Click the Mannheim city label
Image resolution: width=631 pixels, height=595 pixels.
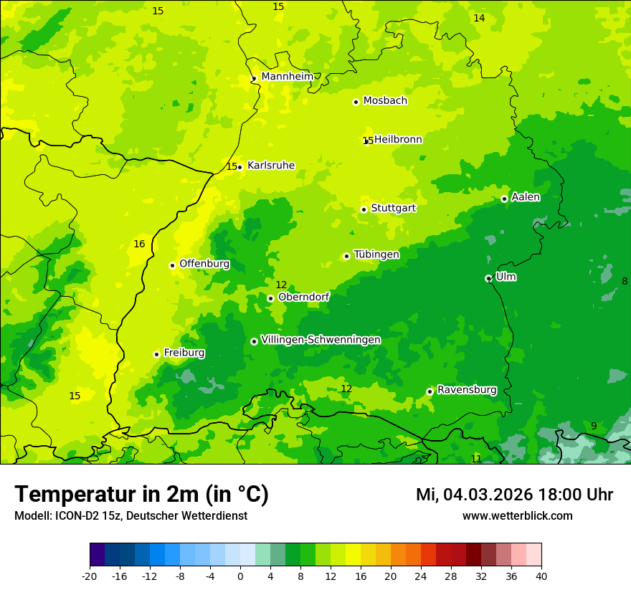point(287,77)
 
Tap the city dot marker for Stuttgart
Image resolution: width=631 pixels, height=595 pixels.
point(364,209)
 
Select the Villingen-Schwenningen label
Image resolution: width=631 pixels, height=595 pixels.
point(321,340)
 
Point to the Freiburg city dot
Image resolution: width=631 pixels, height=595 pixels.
point(156,354)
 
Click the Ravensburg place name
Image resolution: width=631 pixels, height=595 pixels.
point(467,390)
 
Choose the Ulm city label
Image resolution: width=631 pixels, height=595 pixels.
point(506,277)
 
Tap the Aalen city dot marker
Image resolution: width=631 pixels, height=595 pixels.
point(504,199)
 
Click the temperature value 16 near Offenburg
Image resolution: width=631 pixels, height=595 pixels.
point(139,244)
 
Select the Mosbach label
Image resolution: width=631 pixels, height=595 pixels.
point(385,101)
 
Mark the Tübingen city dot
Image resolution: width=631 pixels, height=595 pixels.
point(347,256)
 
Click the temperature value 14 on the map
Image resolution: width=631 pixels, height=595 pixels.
point(479,18)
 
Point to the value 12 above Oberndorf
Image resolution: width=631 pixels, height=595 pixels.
point(281,285)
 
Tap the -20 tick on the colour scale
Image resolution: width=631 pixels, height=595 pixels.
point(90,576)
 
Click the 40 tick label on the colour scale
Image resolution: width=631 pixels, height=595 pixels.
point(541,576)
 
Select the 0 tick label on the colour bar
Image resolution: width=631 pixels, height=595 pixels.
point(240,576)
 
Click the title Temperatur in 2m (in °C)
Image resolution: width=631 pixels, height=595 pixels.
point(141,495)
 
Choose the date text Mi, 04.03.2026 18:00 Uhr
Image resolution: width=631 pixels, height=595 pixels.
point(514,495)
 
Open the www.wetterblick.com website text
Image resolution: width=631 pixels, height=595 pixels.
point(517,516)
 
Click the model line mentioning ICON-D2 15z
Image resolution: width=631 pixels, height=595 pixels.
point(131,516)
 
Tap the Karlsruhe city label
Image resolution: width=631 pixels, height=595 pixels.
point(270,166)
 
